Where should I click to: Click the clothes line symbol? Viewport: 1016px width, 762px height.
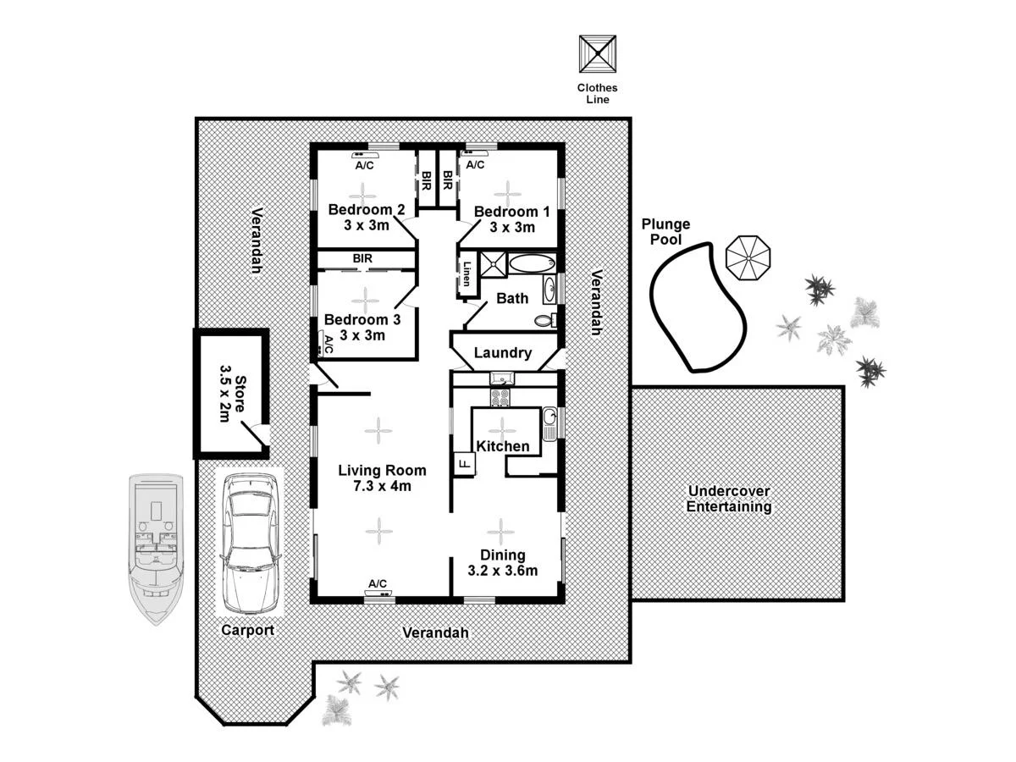(x=597, y=53)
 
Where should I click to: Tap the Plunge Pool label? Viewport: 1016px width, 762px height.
(x=665, y=231)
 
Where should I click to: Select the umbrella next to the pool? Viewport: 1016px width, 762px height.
(x=748, y=257)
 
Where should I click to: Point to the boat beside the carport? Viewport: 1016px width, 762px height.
(x=156, y=548)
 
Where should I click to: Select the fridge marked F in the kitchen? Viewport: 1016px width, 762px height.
(x=464, y=464)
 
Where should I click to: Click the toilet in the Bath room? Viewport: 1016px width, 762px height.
(x=546, y=321)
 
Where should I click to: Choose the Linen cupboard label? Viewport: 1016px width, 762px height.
(x=467, y=273)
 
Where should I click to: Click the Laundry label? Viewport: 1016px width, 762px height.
(x=502, y=353)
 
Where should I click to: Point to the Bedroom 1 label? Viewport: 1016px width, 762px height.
(x=505, y=219)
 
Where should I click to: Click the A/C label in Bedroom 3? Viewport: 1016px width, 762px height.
(x=329, y=344)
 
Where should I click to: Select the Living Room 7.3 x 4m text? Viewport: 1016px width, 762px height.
(x=382, y=478)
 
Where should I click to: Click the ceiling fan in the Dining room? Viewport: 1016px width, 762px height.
(x=500, y=532)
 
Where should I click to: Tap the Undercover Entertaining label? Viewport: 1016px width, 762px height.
(x=728, y=499)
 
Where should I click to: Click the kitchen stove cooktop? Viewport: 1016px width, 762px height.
(x=500, y=397)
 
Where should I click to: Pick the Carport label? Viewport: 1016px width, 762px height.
(x=247, y=630)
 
